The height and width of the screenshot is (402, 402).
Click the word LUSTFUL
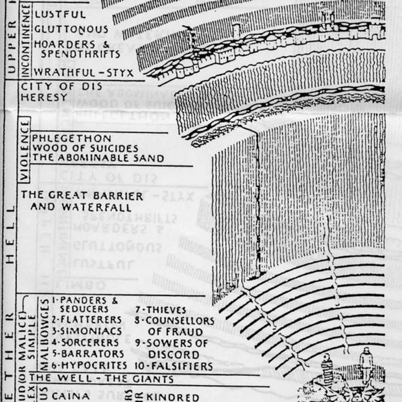click(60, 14)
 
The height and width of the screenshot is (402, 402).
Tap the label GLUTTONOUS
click(71, 29)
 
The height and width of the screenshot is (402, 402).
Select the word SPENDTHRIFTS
click(80, 54)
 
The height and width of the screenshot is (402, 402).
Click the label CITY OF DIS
click(61, 86)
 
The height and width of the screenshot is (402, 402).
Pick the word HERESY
click(44, 98)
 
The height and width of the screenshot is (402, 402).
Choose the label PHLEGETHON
click(71, 138)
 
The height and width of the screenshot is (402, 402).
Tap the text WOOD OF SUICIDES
click(85, 148)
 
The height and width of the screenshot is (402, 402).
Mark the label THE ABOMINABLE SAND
click(98, 158)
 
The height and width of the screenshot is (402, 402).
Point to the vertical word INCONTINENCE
click(26, 40)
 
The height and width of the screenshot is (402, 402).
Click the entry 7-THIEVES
click(161, 310)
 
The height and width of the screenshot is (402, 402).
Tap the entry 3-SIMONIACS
click(87, 331)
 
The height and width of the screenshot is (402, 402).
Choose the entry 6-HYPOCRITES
click(89, 366)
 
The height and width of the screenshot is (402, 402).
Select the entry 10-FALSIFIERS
click(174, 366)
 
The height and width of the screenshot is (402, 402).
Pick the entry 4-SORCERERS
click(85, 343)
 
